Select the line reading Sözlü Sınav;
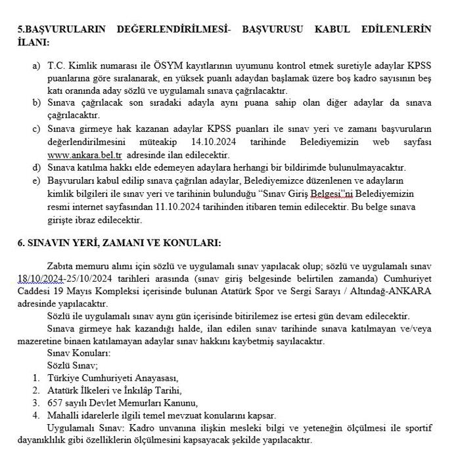point(72,365)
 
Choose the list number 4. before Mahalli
point(35,415)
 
